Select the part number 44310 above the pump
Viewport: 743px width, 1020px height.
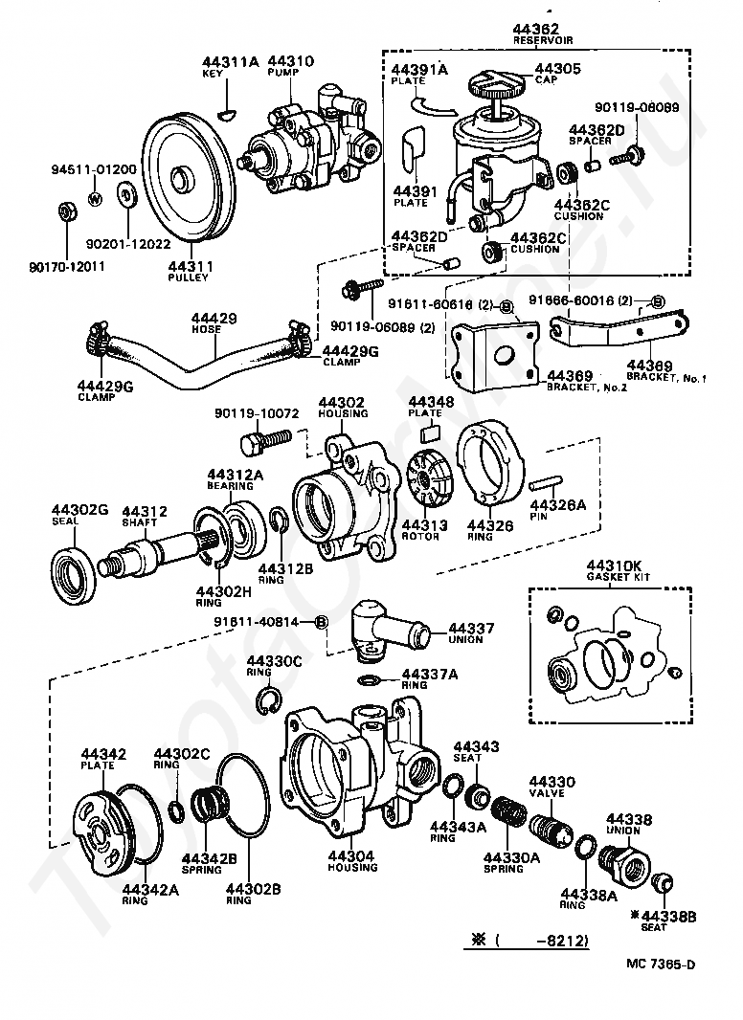(290, 61)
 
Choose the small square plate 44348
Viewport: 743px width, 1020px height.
(430, 432)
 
